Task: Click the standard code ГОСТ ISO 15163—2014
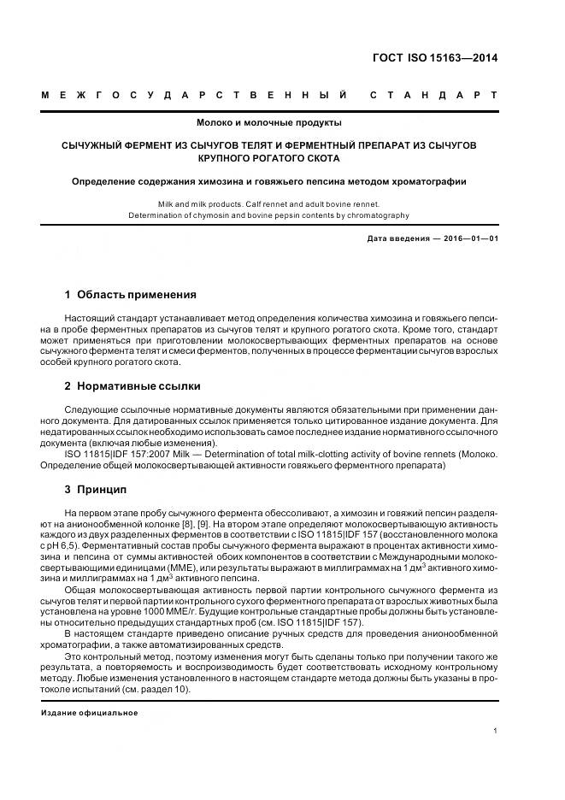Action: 434,59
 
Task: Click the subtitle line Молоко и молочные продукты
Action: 269,123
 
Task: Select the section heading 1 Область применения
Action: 130,295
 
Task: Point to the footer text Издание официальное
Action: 89,712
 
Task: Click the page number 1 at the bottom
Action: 495,731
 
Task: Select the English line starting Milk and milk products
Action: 268,205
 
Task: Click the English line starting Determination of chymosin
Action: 268,215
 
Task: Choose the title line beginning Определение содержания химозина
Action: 268,181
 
